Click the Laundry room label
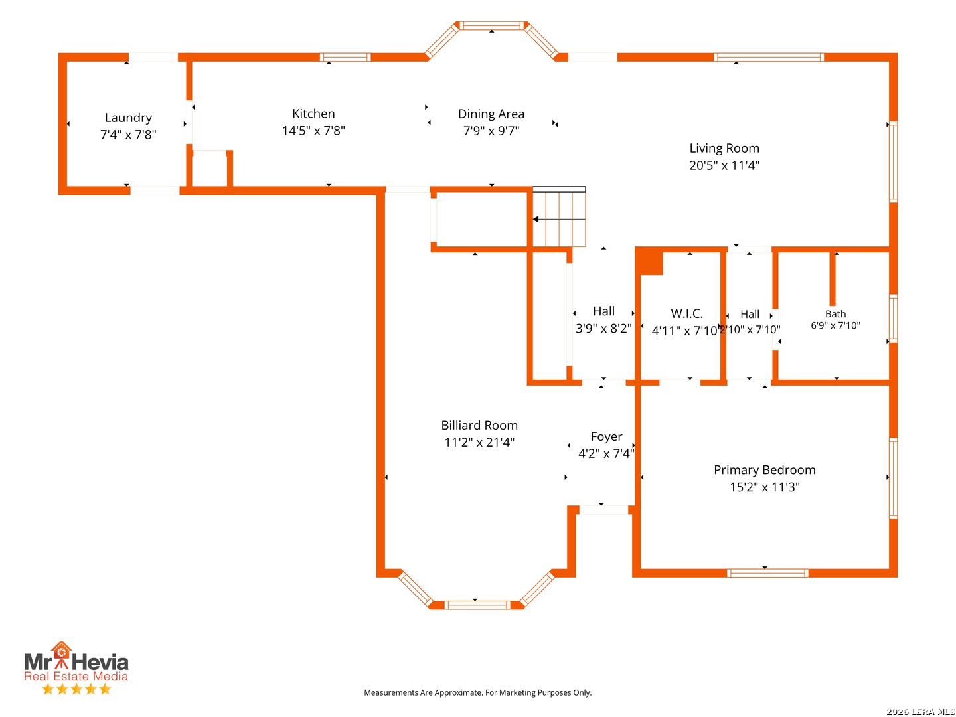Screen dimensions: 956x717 (x=128, y=118)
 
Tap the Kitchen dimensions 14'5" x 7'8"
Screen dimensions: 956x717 (x=313, y=131)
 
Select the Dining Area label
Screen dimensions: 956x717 (x=491, y=114)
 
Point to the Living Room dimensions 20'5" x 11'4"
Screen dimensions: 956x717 (x=724, y=165)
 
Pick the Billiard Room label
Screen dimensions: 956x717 (x=479, y=426)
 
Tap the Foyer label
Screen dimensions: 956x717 (x=606, y=437)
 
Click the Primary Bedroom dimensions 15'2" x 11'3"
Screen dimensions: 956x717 (x=764, y=487)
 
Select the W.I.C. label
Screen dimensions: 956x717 (x=686, y=313)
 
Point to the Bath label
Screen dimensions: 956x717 (x=835, y=314)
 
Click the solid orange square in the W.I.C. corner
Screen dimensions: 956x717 (x=649, y=262)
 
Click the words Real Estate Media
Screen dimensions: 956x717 (x=76, y=676)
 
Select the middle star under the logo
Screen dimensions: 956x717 (x=76, y=689)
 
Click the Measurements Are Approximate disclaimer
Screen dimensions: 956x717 (x=477, y=692)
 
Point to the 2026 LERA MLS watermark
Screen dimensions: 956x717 (x=920, y=711)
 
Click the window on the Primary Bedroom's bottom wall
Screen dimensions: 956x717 (x=767, y=573)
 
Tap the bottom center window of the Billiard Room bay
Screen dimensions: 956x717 (x=477, y=605)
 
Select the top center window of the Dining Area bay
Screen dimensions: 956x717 (x=492, y=26)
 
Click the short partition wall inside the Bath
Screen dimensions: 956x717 (x=832, y=279)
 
